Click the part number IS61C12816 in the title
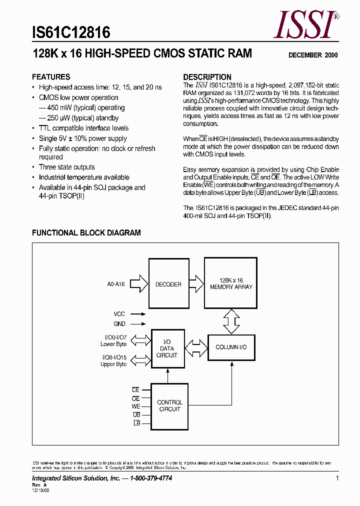pos(71,33)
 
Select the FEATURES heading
pos(51,77)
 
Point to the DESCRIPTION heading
pos(207,77)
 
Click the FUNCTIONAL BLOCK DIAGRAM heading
pos(86,232)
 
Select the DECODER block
pos(168,284)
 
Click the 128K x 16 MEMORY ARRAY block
pos(231,283)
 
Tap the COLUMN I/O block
pos(231,347)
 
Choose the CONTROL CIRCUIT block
pos(170,405)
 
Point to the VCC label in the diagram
pos(119,314)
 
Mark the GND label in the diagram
pos(119,324)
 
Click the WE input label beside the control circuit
pos(136,407)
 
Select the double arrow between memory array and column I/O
pos(231,321)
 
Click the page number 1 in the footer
pos(337,478)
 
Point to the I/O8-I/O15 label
pos(113,360)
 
